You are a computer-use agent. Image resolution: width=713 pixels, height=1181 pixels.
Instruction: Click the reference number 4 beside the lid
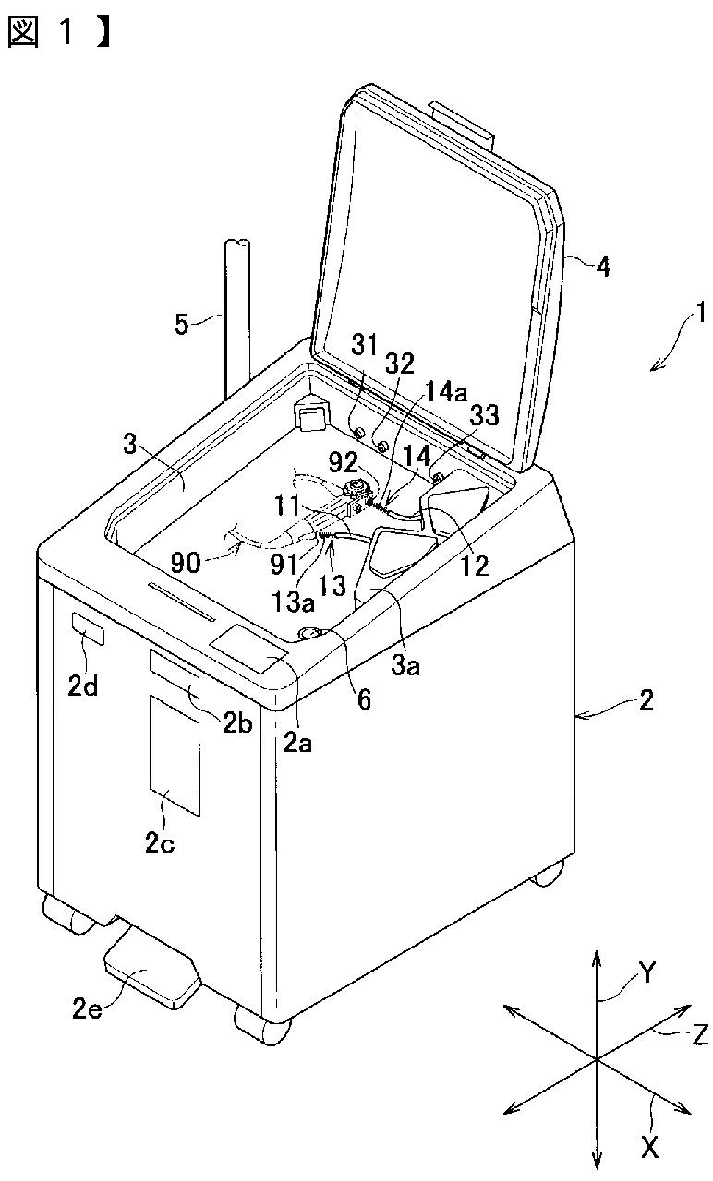click(x=603, y=267)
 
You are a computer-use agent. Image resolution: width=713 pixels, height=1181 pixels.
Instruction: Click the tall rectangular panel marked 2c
click(x=175, y=756)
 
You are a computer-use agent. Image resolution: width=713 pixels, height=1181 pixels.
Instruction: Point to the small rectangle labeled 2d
click(x=88, y=629)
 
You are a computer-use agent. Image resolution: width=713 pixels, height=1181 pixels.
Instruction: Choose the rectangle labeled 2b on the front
click(x=175, y=674)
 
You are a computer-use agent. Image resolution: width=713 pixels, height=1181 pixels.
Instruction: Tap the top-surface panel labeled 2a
click(x=248, y=648)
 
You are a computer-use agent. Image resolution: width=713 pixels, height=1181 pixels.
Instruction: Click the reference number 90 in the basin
click(x=186, y=563)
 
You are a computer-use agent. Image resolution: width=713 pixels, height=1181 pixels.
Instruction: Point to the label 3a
click(x=405, y=665)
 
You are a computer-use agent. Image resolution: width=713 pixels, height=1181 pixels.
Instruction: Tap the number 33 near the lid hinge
click(x=484, y=415)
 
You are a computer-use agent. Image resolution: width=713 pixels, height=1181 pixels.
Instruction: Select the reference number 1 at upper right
click(x=700, y=313)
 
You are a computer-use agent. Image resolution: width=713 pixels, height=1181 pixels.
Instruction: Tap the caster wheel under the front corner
click(x=263, y=1025)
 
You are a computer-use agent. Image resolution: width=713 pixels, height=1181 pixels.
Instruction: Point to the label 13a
click(x=294, y=602)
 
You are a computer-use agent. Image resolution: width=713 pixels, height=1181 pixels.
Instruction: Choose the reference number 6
click(x=364, y=699)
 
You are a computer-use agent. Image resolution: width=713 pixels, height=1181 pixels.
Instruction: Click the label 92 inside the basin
click(x=344, y=462)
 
